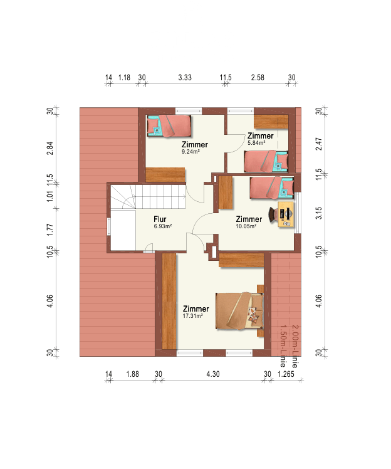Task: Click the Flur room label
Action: click(160, 219)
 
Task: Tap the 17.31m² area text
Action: click(193, 316)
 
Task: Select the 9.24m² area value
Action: click(190, 152)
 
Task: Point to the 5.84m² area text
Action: click(256, 143)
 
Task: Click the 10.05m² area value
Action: click(246, 226)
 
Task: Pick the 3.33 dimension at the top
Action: click(185, 78)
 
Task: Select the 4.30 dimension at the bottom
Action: click(213, 374)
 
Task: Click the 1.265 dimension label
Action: click(286, 374)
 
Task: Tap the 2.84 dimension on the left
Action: click(50, 148)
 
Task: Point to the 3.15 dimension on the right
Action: click(319, 213)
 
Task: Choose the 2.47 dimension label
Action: click(319, 144)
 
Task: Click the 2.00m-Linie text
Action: click(295, 346)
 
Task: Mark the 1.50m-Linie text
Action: click(283, 346)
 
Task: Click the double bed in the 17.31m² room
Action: click(240, 311)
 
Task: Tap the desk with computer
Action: click(286, 214)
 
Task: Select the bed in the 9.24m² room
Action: click(169, 125)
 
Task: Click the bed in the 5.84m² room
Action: click(266, 162)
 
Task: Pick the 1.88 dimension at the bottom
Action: click(132, 374)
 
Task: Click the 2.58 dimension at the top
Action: click(258, 78)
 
